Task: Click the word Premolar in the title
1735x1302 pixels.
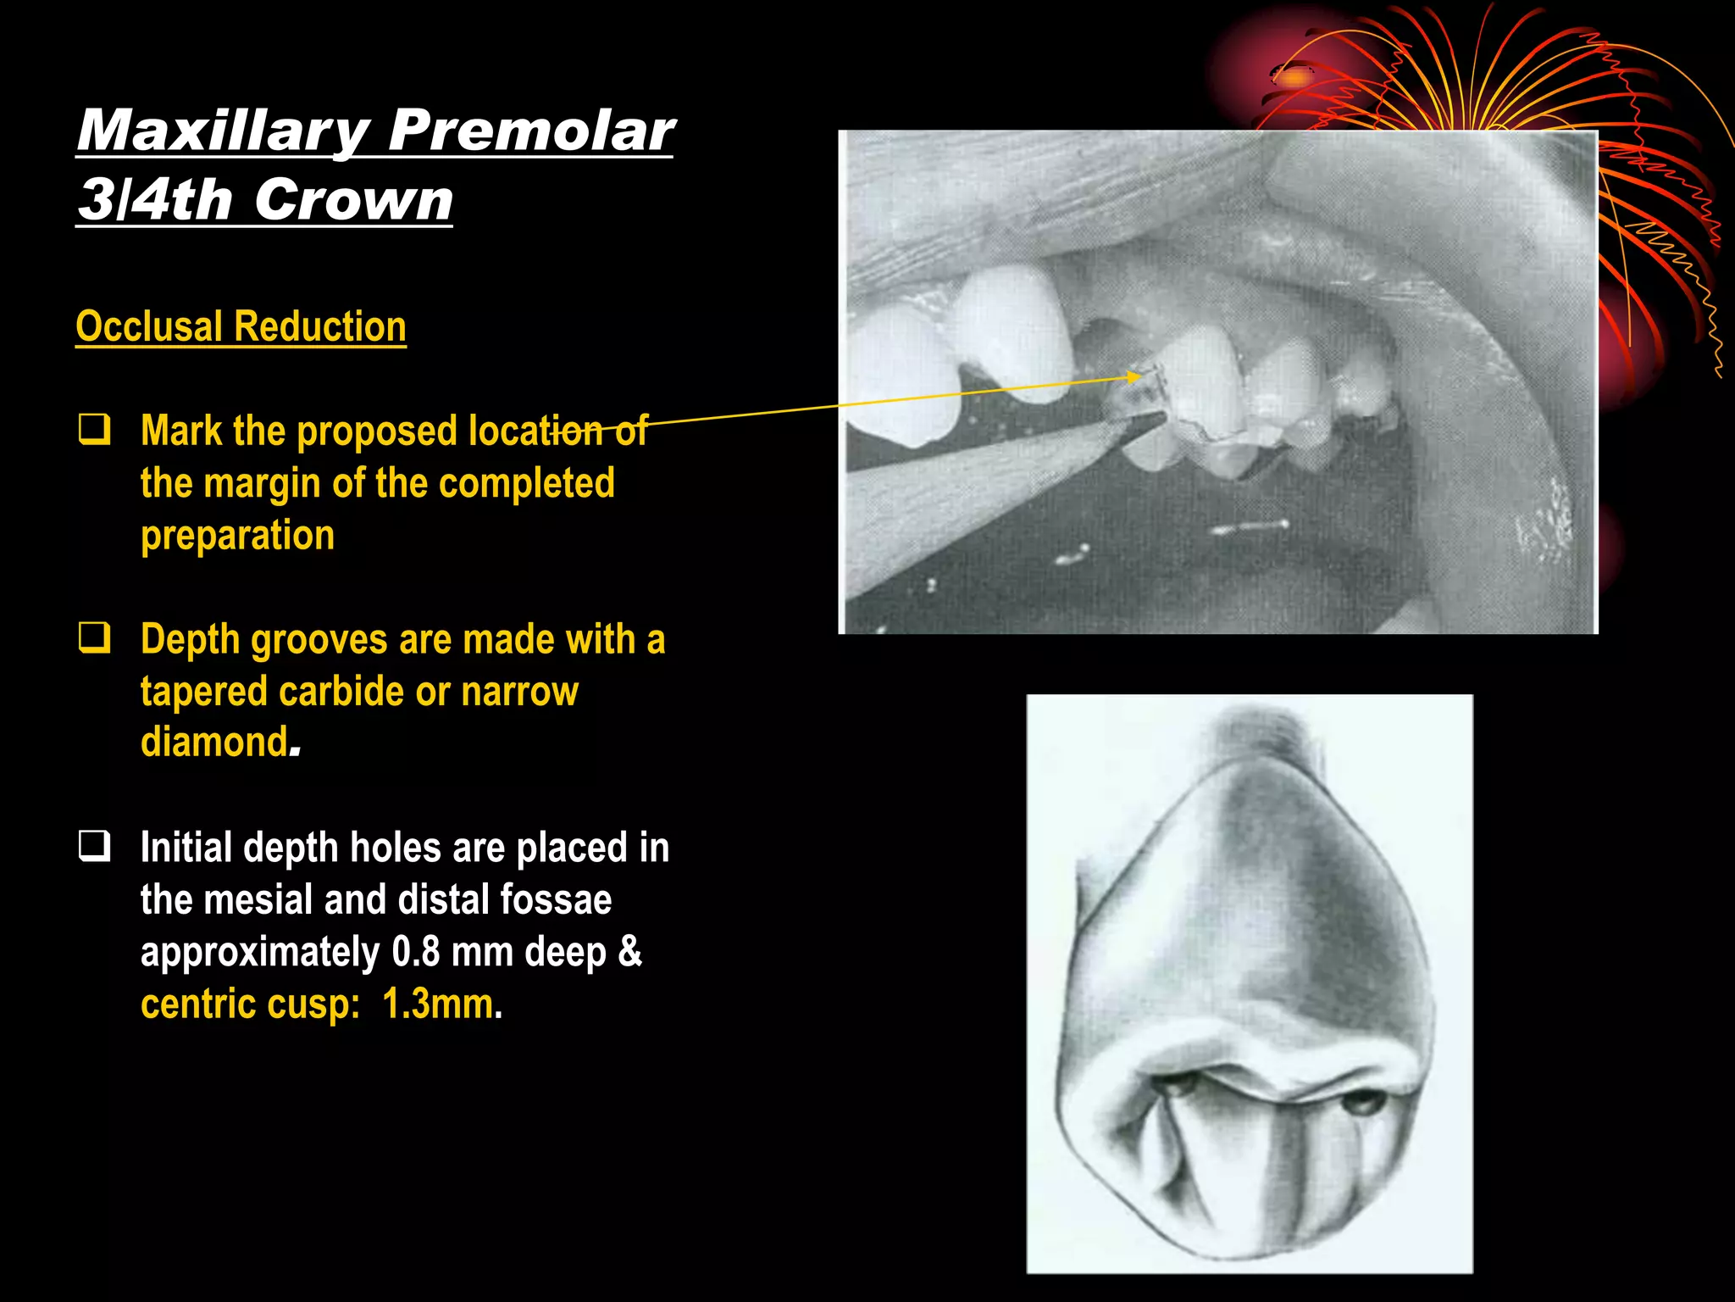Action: [531, 131]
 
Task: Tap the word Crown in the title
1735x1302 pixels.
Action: [353, 200]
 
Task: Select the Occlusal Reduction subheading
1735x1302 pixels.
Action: [241, 326]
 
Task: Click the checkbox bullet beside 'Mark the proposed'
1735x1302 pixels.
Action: [94, 429]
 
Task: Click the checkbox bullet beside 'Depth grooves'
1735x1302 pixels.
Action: [94, 637]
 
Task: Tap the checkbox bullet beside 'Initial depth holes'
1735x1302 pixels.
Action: [94, 845]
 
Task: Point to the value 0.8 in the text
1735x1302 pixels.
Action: [416, 952]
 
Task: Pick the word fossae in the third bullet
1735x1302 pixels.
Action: [556, 899]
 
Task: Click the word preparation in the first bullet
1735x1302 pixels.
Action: [237, 536]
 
